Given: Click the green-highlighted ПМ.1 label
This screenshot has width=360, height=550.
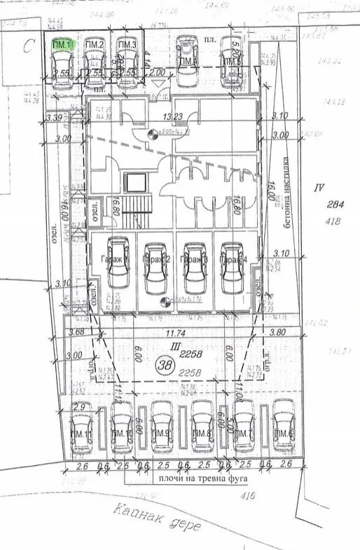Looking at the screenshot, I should pos(62,44).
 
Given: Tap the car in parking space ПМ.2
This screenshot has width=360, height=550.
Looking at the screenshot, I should pos(94,67).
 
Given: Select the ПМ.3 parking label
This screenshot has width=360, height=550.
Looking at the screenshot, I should pos(126,46).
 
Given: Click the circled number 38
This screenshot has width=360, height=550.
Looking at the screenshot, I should pos(166,364).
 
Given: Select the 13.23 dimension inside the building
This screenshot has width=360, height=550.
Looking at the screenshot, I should pos(173,117).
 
